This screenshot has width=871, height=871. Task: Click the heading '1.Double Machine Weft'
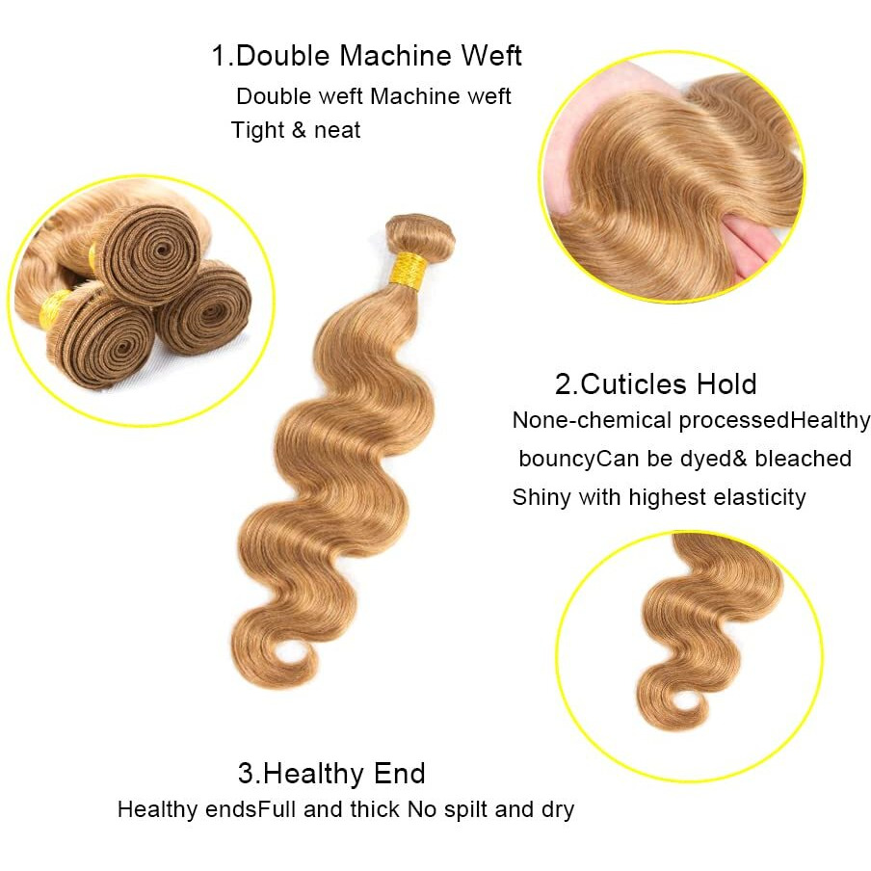pyautogui.click(x=367, y=55)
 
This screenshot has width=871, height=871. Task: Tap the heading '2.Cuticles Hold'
pyautogui.click(x=655, y=383)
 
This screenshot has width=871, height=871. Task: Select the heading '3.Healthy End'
pyautogui.click(x=331, y=773)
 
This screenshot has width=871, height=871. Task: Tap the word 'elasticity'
pyautogui.click(x=759, y=497)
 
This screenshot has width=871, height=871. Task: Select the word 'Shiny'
pyautogui.click(x=541, y=497)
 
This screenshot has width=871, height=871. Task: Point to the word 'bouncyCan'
pyautogui.click(x=578, y=459)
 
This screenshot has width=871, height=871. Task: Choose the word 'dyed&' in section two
pyautogui.click(x=708, y=458)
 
